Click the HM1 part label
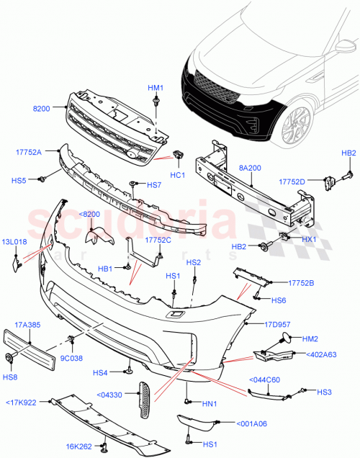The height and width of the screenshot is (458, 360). tap(156, 88)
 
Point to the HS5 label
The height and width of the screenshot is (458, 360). tap(19, 180)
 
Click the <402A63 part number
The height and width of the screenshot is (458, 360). tap(322, 354)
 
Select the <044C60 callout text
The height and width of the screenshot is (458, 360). tap(264, 380)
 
